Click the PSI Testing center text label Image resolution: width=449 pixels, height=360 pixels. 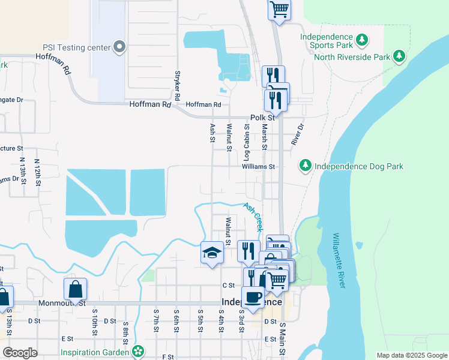tap(76, 47)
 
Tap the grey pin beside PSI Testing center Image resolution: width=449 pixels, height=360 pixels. tap(119, 47)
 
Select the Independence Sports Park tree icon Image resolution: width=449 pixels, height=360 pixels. tap(362, 40)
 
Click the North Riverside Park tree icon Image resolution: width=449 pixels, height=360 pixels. tap(399, 57)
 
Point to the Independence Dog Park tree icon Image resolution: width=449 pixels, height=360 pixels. tap(305, 165)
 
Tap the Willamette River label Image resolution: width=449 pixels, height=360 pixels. tap(339, 260)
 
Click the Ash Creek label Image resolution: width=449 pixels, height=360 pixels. tap(253, 217)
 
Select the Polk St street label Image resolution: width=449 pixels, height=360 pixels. tap(262, 118)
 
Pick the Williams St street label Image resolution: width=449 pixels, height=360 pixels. tap(258, 166)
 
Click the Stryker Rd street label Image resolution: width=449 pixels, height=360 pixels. tap(177, 86)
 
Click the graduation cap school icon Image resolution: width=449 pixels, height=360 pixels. tap(212, 253)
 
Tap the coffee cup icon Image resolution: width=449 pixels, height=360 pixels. tap(253, 297)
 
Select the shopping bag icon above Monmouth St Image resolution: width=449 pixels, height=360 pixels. tap(76, 289)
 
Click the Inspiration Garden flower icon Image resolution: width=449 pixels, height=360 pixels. tap(139, 351)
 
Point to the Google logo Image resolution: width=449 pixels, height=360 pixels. tap(20, 353)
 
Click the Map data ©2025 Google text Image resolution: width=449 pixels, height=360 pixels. tap(411, 355)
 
